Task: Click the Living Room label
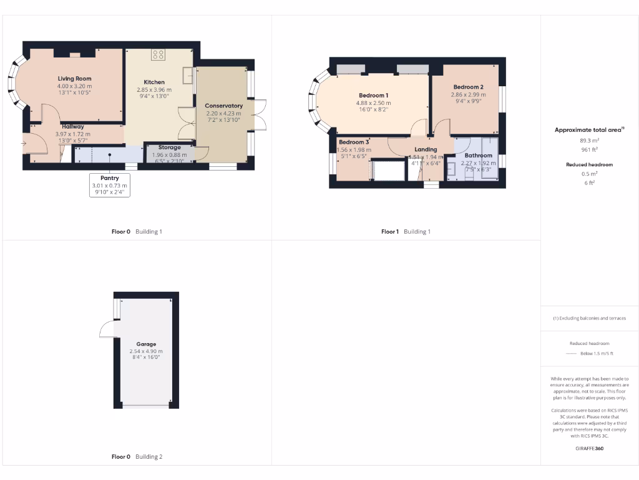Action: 74,79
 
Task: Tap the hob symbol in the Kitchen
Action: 157,55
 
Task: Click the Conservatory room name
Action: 223,106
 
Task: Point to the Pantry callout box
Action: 110,185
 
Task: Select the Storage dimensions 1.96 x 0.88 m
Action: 169,155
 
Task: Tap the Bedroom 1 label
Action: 374,95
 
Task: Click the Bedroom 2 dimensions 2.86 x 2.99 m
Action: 468,94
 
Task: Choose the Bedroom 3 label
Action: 353,142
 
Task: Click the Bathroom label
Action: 478,155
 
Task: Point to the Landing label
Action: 426,149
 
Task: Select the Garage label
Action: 147,344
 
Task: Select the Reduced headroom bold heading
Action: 590,164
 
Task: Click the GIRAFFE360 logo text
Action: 590,448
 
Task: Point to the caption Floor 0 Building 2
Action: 137,457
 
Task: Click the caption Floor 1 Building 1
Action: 406,231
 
